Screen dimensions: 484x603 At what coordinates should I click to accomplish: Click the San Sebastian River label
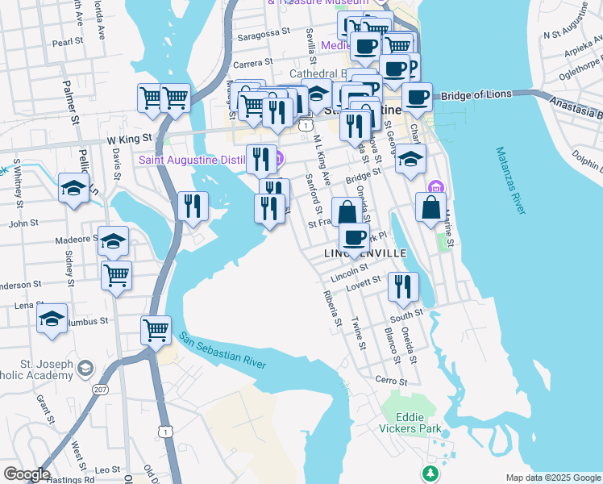click(x=222, y=351)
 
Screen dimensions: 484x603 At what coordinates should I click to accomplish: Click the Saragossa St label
click(x=263, y=33)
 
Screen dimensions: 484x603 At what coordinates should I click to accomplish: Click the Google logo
click(x=27, y=474)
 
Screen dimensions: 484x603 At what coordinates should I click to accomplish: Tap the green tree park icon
click(x=429, y=471)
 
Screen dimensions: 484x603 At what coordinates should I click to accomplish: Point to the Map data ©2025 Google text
click(x=553, y=478)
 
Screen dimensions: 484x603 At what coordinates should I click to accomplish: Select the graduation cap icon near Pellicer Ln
click(x=73, y=188)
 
